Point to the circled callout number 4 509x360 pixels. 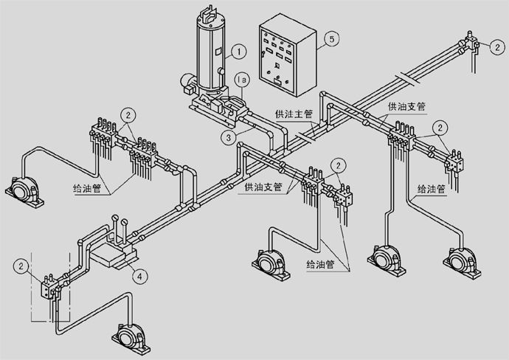tap(139, 276)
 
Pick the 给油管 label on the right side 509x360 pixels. tap(429, 188)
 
